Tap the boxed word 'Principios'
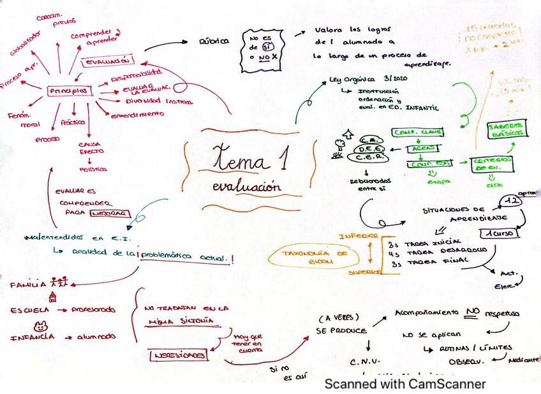click(x=68, y=91)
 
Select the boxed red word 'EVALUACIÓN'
click(x=109, y=61)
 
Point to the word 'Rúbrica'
click(x=214, y=41)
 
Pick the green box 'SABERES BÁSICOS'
click(x=507, y=129)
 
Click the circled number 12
click(x=510, y=201)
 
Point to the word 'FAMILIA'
click(x=28, y=284)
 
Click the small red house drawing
click(x=52, y=296)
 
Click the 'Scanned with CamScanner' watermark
click(x=405, y=384)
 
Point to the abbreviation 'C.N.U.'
click(x=365, y=363)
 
